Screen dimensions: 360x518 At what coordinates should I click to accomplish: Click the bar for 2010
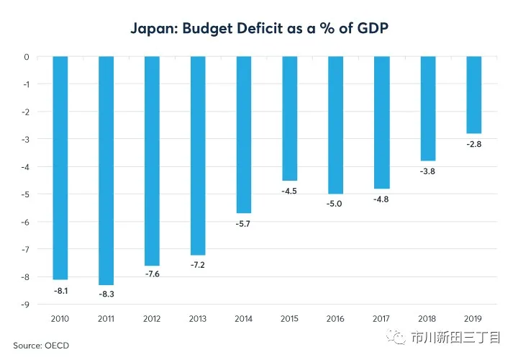click(60, 168)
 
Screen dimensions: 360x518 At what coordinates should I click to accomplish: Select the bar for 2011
click(106, 171)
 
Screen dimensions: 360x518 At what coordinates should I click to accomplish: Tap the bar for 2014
click(244, 135)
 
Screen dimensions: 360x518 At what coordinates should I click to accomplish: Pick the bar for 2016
click(335, 125)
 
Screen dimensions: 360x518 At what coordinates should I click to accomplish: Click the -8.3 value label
click(106, 295)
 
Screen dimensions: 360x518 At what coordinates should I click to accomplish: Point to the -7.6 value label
click(153, 276)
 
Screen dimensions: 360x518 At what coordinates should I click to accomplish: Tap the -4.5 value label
click(290, 191)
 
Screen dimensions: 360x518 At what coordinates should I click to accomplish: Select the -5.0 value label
click(335, 204)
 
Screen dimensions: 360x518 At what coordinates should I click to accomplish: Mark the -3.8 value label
click(427, 171)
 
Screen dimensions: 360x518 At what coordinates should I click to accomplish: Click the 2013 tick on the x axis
click(198, 318)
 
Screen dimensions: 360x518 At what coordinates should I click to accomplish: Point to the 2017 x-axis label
click(381, 318)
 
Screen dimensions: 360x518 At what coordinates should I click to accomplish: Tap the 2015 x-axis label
click(290, 318)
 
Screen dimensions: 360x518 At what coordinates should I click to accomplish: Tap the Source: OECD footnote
click(40, 346)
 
